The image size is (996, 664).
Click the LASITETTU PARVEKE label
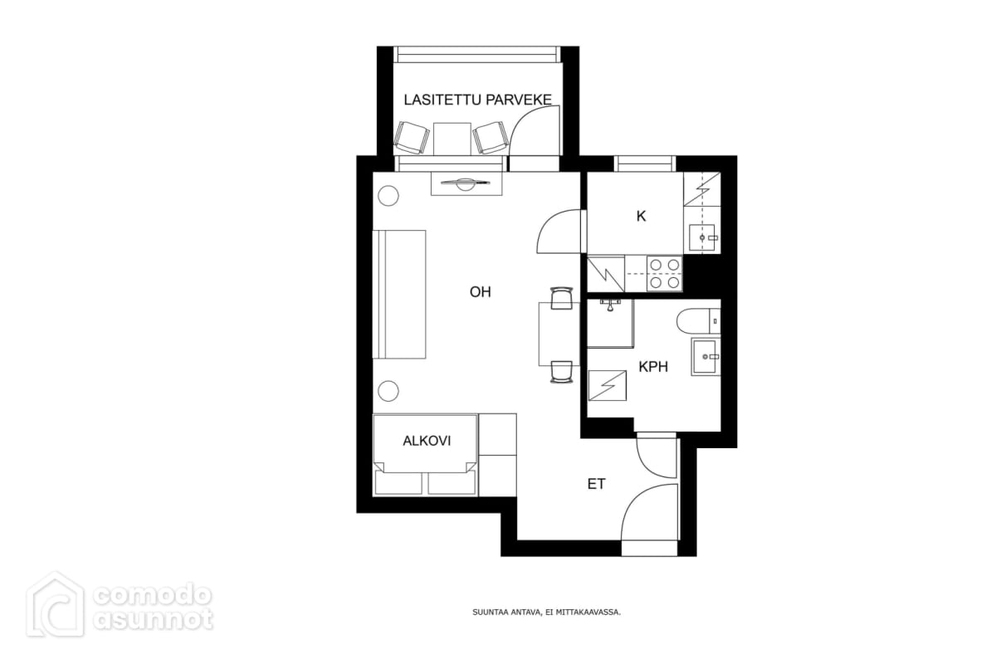[x=477, y=100]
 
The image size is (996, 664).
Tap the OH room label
[x=481, y=292]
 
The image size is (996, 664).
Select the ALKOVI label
[x=427, y=441]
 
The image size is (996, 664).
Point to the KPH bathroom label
[x=653, y=367]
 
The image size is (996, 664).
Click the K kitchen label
[x=641, y=216]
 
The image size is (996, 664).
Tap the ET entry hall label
[x=596, y=484]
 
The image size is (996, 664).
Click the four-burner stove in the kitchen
[x=664, y=274]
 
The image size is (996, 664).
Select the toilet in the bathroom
[x=698, y=320]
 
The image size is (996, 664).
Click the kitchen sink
[x=702, y=238]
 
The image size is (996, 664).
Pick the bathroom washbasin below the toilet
[x=705, y=357]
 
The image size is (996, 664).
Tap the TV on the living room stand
[x=466, y=183]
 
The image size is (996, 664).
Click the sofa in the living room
[x=399, y=295]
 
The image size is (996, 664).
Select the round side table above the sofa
[x=388, y=196]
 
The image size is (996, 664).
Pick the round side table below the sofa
[x=388, y=392]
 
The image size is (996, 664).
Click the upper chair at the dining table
[x=561, y=298]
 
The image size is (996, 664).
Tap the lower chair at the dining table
[x=561, y=372]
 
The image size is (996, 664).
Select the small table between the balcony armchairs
[x=452, y=139]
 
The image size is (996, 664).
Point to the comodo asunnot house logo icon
[x=56, y=605]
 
